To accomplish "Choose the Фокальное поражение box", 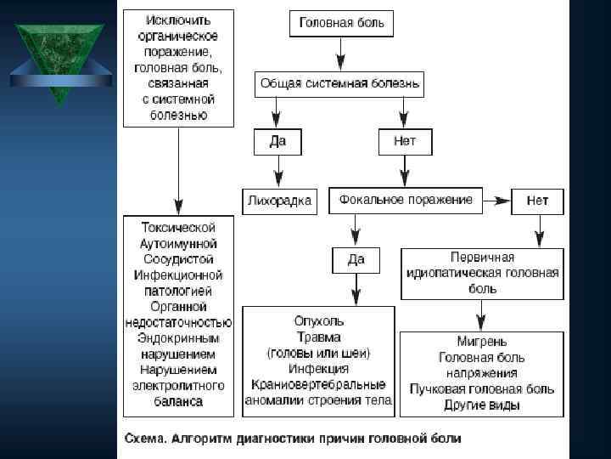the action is (405, 200).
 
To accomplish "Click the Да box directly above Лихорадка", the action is (277, 141).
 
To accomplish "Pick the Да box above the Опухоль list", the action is (356, 259).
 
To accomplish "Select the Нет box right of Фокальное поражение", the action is (537, 201).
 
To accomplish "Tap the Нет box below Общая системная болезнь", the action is (404, 141).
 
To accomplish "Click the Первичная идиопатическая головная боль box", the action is (481, 273).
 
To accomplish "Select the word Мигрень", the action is (481, 342).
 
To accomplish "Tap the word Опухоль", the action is (318, 321).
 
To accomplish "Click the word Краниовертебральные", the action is (318, 384).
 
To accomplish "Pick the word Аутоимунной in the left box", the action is (177, 243).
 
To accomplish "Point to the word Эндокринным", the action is (177, 337).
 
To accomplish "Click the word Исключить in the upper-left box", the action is (178, 20).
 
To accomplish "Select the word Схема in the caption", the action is (145, 439).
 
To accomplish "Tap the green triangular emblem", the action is (60, 59).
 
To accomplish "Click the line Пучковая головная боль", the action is (481, 389).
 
